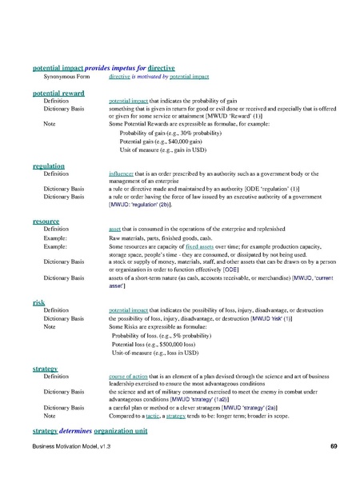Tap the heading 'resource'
coord(45,219)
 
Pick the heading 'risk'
coord(38,301)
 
